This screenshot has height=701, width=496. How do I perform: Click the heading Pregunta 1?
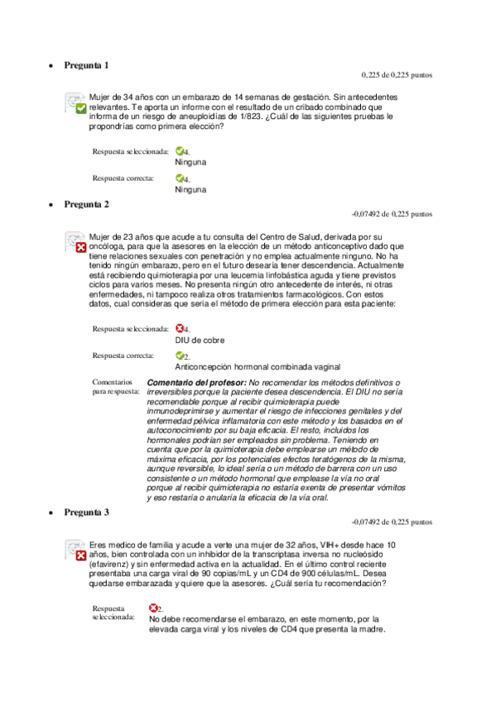(x=86, y=64)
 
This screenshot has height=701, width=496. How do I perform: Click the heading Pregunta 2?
(x=86, y=203)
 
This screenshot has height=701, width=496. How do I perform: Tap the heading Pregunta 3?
(x=86, y=513)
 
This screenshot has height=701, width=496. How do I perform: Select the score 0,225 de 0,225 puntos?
(x=397, y=75)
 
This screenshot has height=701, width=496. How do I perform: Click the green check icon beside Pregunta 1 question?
(x=79, y=108)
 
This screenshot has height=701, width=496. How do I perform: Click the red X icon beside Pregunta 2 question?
(x=80, y=247)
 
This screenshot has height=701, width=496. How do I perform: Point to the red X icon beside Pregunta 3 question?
(x=80, y=556)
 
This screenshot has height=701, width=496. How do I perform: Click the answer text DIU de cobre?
(x=200, y=340)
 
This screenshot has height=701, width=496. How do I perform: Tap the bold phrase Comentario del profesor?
(x=195, y=383)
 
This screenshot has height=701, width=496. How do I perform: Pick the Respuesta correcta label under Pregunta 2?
(x=123, y=355)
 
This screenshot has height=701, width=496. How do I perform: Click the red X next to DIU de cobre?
(x=180, y=328)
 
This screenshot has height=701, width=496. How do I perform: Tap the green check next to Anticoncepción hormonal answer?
(x=180, y=355)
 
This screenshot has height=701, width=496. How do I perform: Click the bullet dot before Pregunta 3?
(x=52, y=513)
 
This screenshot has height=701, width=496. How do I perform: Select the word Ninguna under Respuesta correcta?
(x=190, y=189)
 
